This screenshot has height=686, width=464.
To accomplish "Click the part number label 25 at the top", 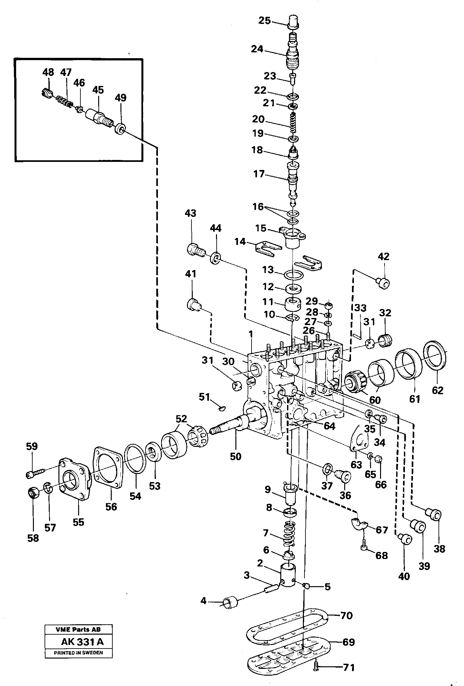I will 264,21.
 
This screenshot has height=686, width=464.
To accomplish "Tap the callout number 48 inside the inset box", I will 48,72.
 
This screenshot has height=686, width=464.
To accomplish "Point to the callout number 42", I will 384,257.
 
